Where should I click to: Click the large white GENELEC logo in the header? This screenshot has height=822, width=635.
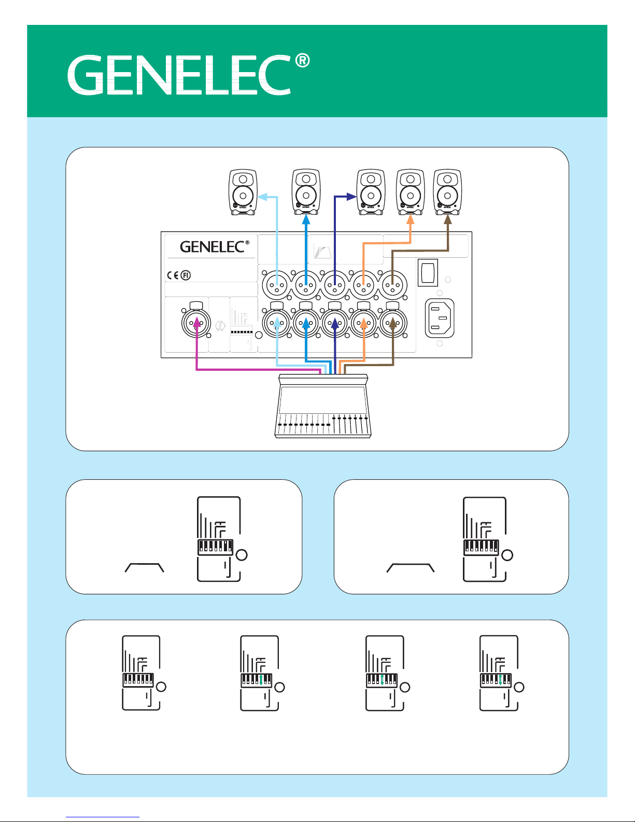[x=179, y=76]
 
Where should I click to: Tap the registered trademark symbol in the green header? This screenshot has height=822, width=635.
[x=303, y=61]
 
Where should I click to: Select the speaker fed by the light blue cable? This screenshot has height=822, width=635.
[x=243, y=192]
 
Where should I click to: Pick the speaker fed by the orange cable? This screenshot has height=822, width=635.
[x=410, y=192]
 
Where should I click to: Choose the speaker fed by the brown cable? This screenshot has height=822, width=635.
[x=447, y=192]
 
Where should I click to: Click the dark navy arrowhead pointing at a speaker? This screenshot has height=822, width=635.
[x=352, y=197]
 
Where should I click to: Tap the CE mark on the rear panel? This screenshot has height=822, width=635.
[x=174, y=275]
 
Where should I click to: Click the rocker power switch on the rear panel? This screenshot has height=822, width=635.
[x=428, y=272]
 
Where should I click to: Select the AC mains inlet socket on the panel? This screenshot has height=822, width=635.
[x=439, y=317]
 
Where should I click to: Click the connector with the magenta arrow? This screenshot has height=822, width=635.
[x=196, y=324]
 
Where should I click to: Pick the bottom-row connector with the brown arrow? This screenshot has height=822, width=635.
[x=393, y=324]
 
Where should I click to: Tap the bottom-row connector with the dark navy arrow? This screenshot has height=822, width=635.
[x=335, y=324]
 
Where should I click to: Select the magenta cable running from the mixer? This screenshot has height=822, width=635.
[x=249, y=370]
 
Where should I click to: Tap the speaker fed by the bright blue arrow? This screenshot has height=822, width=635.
[x=306, y=192]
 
